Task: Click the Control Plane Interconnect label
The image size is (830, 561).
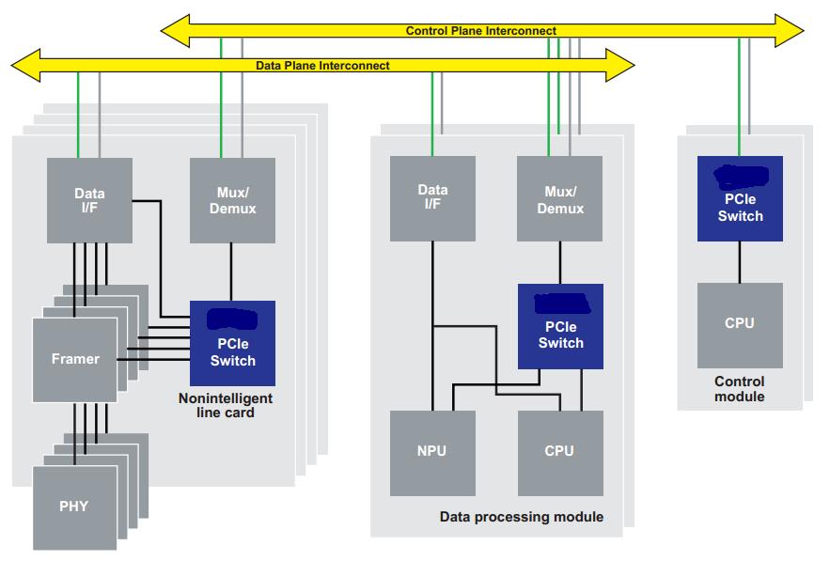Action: (x=480, y=31)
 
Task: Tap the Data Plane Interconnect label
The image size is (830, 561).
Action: (x=322, y=66)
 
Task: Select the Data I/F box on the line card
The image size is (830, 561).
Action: (x=89, y=199)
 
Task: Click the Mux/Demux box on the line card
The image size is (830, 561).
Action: (x=232, y=199)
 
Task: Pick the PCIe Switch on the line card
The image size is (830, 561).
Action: (x=232, y=343)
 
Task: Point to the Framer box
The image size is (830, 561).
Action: (x=75, y=359)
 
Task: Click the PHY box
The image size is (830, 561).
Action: (x=73, y=506)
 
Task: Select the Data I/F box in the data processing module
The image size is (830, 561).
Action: (x=432, y=196)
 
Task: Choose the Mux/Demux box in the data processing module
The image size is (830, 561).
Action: (x=559, y=198)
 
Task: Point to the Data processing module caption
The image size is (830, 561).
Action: (x=521, y=517)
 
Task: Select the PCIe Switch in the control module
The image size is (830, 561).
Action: (x=740, y=199)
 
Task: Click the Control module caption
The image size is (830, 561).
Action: (x=739, y=389)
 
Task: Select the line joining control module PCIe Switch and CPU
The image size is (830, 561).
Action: (x=740, y=262)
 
